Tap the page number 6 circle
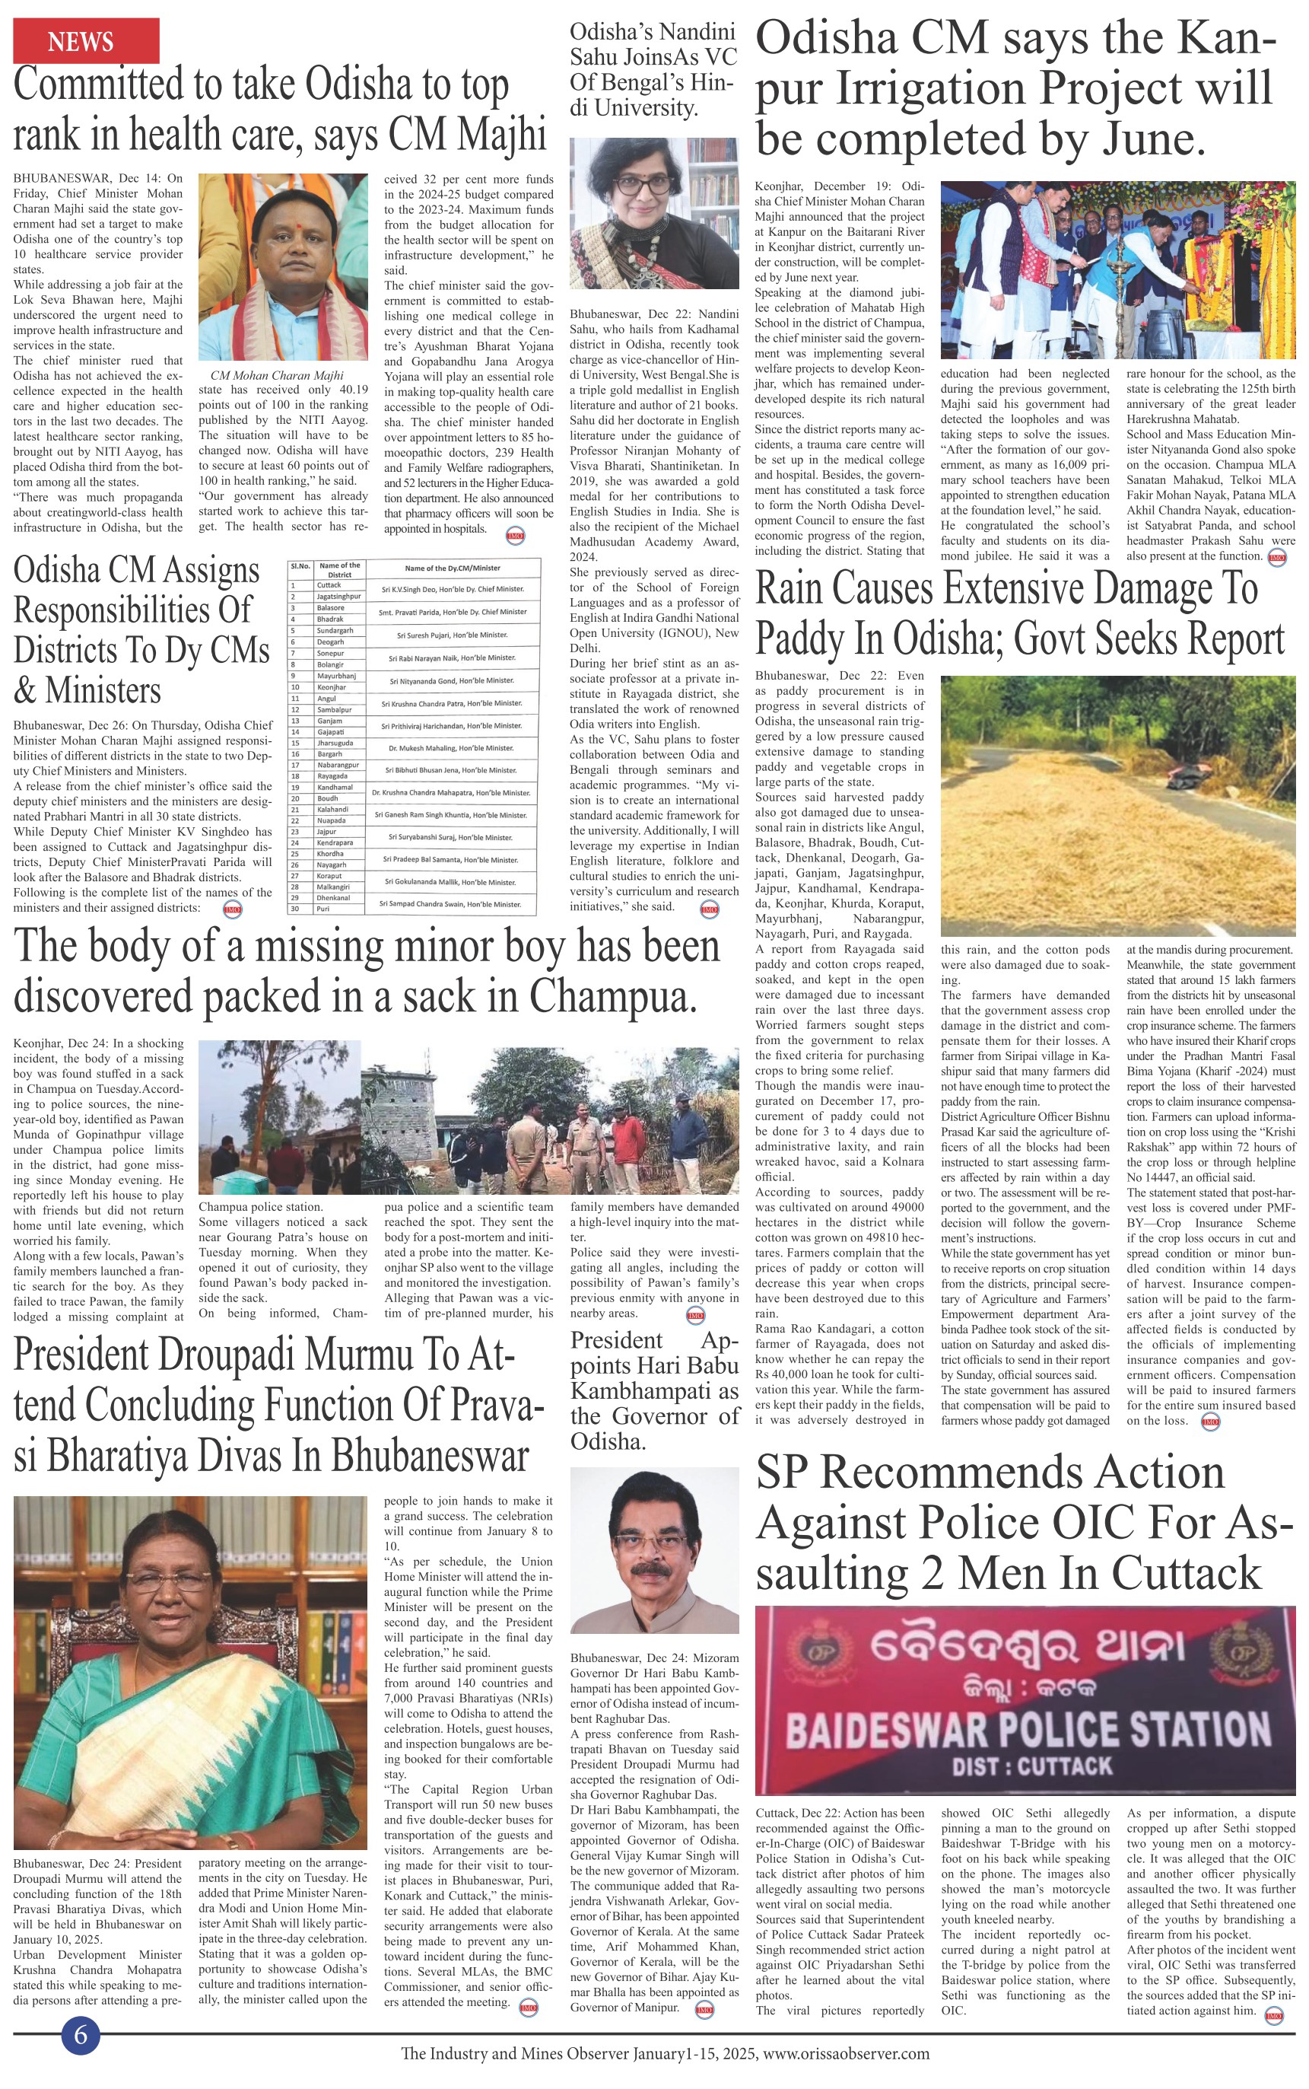point(81,2034)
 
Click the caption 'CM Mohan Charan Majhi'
point(277,375)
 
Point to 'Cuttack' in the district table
point(329,585)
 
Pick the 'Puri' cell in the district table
point(323,909)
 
